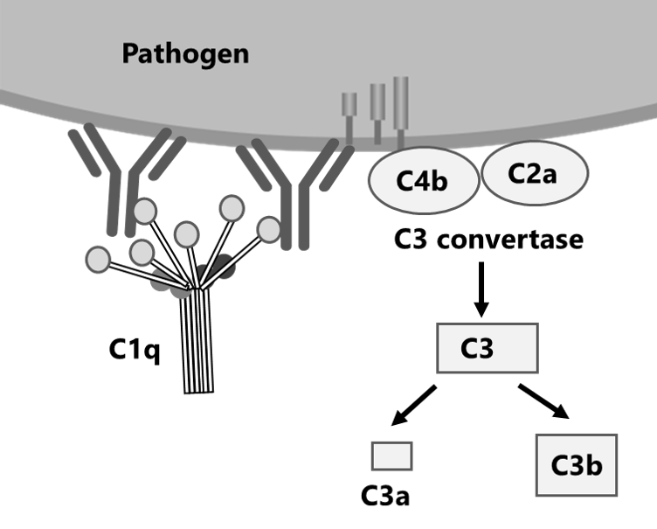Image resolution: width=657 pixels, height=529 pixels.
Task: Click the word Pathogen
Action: tap(185, 54)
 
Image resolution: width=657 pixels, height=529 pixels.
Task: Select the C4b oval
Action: tap(423, 181)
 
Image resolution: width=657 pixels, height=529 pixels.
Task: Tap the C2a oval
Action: tap(532, 172)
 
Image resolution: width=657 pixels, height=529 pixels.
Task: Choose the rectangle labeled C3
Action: tap(487, 348)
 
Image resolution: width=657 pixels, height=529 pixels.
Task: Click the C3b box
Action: tap(577, 464)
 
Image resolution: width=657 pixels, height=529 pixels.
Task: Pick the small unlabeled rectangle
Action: tap(391, 456)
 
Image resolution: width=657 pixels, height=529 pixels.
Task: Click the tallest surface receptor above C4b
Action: tap(401, 107)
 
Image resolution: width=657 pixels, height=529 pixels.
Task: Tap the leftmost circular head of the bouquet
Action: tap(99, 259)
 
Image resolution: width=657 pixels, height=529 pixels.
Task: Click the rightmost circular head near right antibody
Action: tap(270, 229)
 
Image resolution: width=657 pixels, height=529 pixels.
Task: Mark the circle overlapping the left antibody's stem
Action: tap(145, 211)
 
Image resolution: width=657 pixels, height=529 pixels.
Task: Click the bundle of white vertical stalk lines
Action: tap(197, 341)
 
